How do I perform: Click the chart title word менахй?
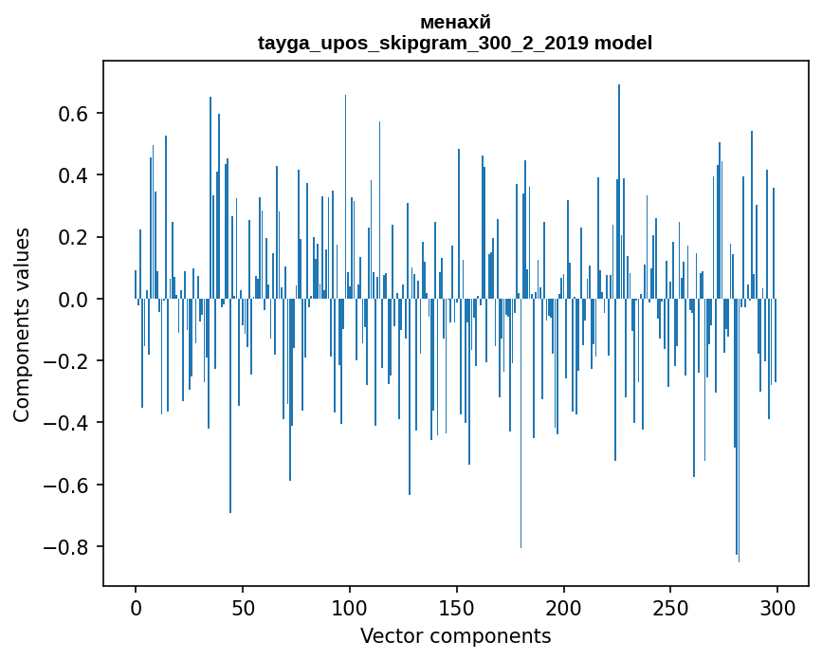(x=455, y=23)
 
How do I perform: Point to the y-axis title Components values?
(x=22, y=324)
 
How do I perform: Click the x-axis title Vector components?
(x=455, y=635)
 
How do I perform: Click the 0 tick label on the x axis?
(x=136, y=606)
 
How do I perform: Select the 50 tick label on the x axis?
(x=243, y=606)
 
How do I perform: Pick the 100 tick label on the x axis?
(x=350, y=606)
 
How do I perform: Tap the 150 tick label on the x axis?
(x=457, y=606)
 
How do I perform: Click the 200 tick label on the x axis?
(x=564, y=606)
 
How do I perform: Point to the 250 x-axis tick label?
(x=671, y=606)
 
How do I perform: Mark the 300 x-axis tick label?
(x=778, y=606)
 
